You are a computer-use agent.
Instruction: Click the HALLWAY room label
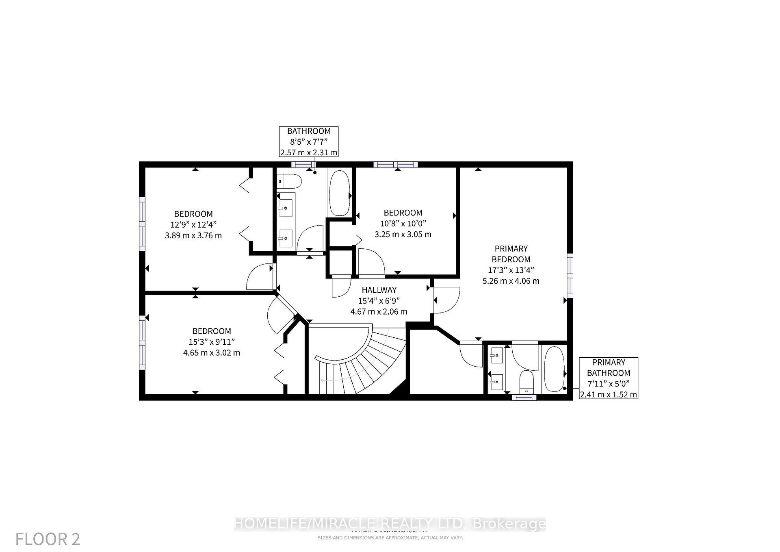click(x=379, y=290)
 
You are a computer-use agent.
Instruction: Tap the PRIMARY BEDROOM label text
click(x=511, y=254)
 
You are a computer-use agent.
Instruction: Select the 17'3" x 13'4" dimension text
click(x=511, y=270)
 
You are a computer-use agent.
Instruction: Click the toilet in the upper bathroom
click(x=289, y=181)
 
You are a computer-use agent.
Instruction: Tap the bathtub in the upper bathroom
click(x=339, y=193)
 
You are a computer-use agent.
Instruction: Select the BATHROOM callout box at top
click(x=308, y=141)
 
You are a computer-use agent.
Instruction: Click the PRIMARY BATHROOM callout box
click(x=608, y=378)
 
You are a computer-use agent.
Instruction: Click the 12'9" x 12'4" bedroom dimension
click(x=193, y=224)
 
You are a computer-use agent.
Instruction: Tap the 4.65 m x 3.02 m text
click(x=211, y=352)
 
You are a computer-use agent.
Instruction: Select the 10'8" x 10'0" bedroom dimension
click(x=403, y=223)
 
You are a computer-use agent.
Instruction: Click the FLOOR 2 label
click(x=48, y=539)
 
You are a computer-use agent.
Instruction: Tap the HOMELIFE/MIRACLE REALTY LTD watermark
click(x=390, y=524)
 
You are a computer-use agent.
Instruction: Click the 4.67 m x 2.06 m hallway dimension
click(x=379, y=312)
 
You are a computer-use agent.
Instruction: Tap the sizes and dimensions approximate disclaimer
click(x=390, y=537)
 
